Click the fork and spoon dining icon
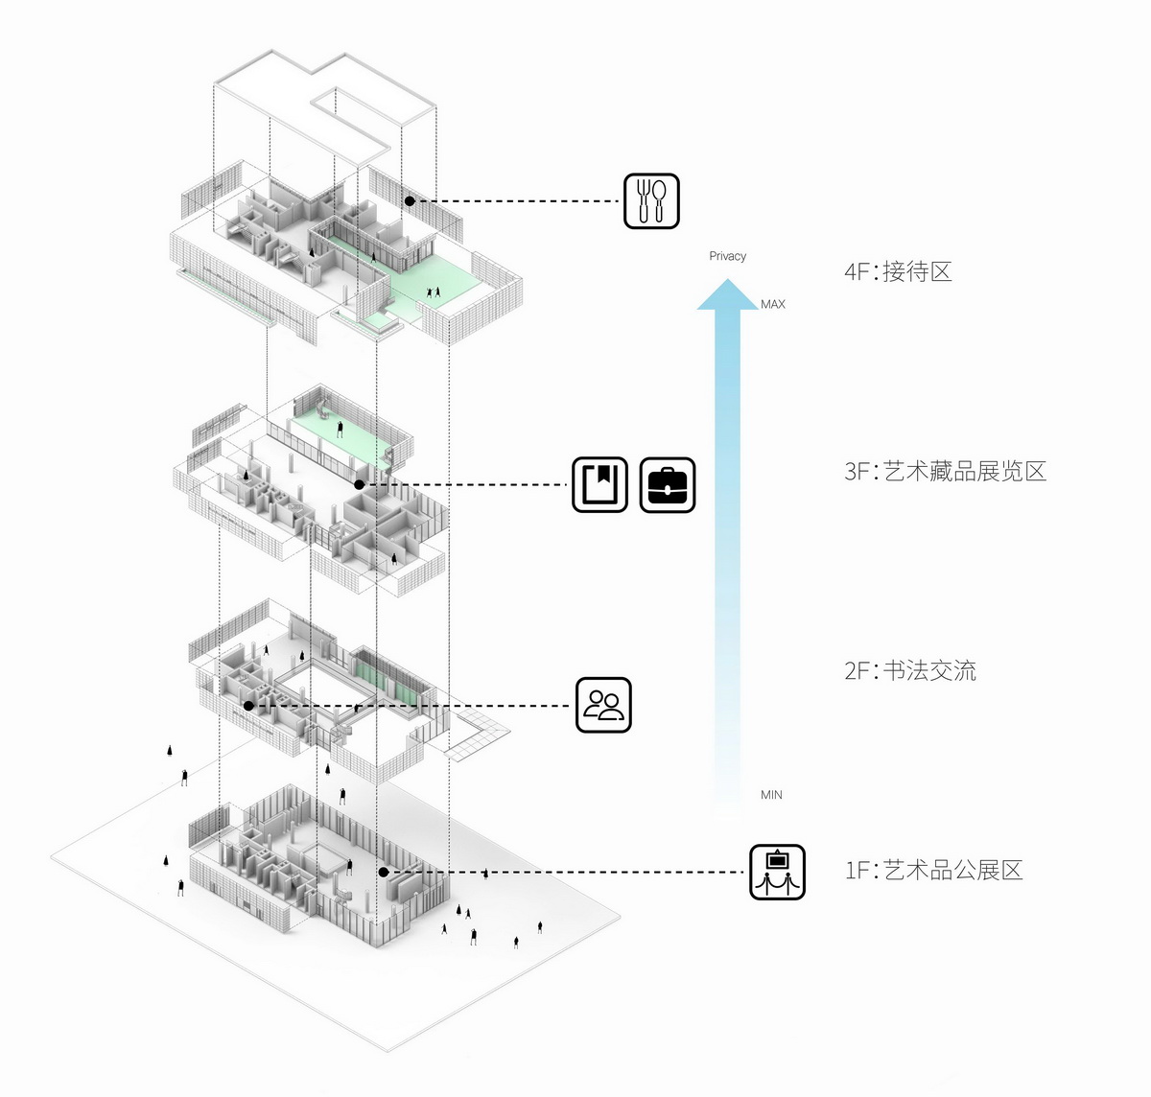651,200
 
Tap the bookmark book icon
599,484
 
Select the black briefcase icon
667,484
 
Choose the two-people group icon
603,706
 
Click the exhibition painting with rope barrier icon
776,872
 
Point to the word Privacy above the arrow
727,256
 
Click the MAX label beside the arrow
773,304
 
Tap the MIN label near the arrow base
771,795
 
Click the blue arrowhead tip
727,282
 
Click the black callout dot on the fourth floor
410,201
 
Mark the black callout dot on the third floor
359,484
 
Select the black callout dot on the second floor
248,706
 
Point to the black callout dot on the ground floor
383,872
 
